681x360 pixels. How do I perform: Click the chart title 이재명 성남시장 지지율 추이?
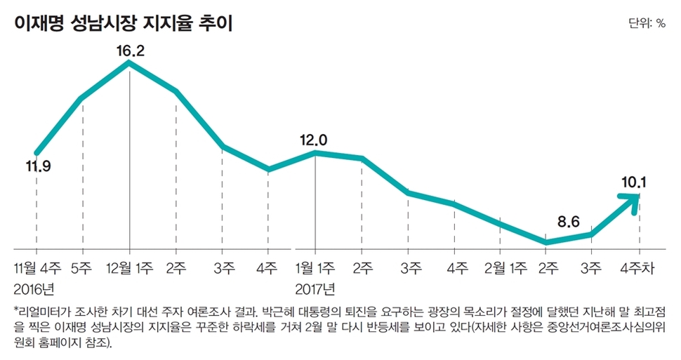coord(123,22)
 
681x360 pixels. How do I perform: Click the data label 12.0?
coord(313,140)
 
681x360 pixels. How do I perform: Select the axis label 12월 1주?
coord(130,267)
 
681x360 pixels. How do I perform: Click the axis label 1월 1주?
coord(316,267)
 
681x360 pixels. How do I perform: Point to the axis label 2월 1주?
coord(501,267)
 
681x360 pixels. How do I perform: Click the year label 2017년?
coord(315,288)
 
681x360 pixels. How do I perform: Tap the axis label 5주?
coord(83,267)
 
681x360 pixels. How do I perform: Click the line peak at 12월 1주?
coord(129,62)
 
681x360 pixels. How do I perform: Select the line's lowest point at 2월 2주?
coord(546,242)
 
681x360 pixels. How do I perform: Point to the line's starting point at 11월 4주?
coord(37,152)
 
